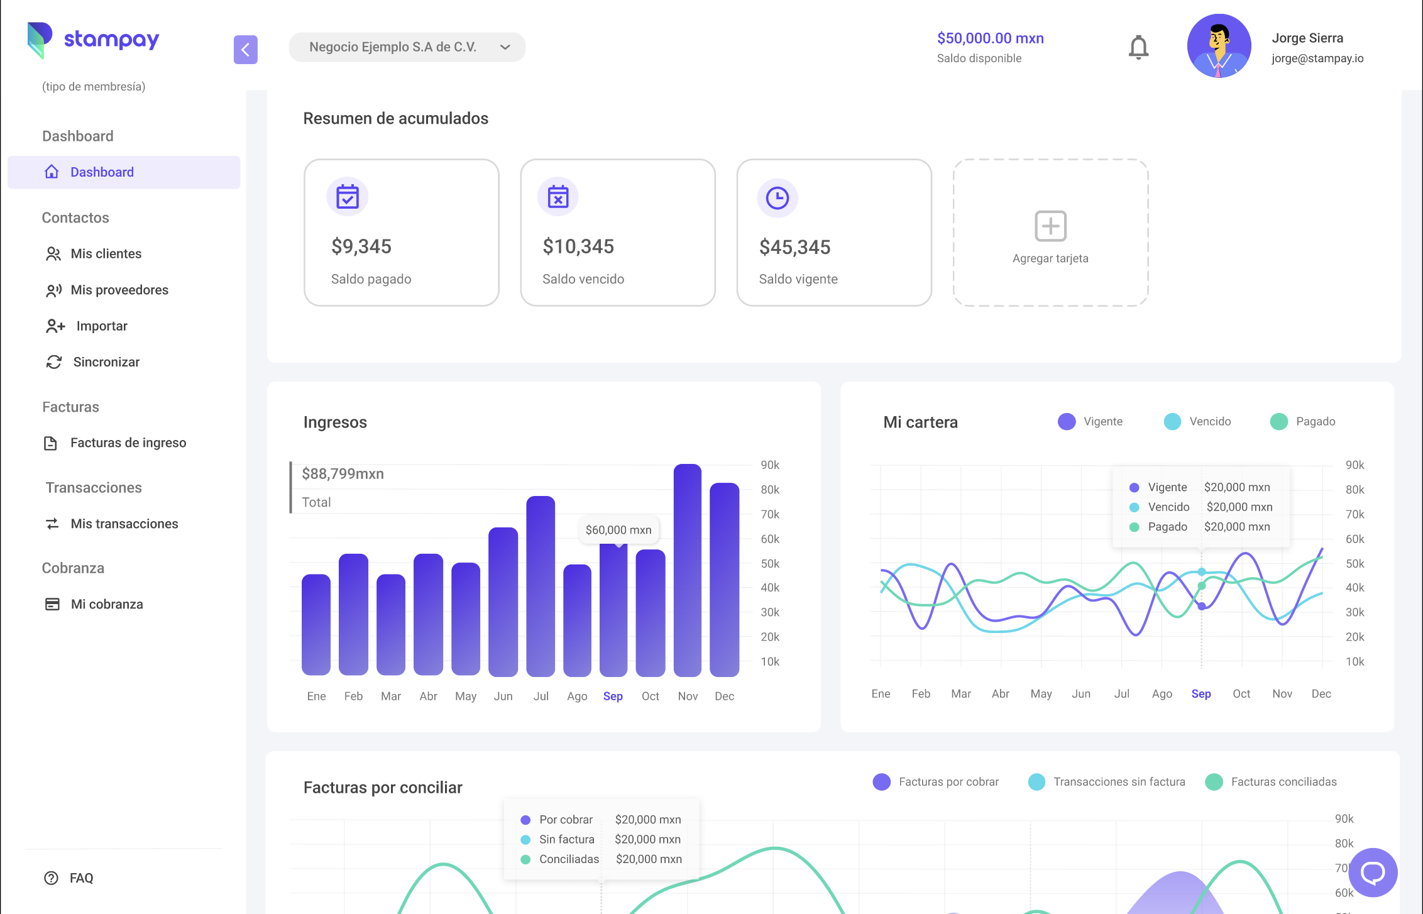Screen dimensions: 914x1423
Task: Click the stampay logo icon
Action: tap(39, 40)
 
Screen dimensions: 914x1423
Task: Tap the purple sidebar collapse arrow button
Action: tap(245, 50)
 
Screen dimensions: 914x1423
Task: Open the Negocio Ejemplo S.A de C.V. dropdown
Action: tap(407, 47)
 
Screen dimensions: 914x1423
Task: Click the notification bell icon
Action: tap(1138, 47)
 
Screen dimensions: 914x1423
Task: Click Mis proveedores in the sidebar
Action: tap(119, 290)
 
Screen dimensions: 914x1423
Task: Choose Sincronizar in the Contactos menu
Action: tap(106, 362)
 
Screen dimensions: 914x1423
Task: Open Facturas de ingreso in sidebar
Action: tap(128, 443)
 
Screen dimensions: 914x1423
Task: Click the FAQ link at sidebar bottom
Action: tap(81, 878)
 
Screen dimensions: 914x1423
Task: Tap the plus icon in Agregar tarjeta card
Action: tap(1050, 226)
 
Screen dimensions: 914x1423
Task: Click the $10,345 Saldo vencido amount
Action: tap(578, 246)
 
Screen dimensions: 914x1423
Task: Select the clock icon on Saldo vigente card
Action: tap(777, 198)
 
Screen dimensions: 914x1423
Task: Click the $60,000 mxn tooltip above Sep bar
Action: tap(618, 530)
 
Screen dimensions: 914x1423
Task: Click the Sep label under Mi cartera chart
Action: tap(1200, 693)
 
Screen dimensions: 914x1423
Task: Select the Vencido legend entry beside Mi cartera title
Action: tap(1197, 421)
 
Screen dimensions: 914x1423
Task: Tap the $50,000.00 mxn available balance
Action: tap(990, 38)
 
